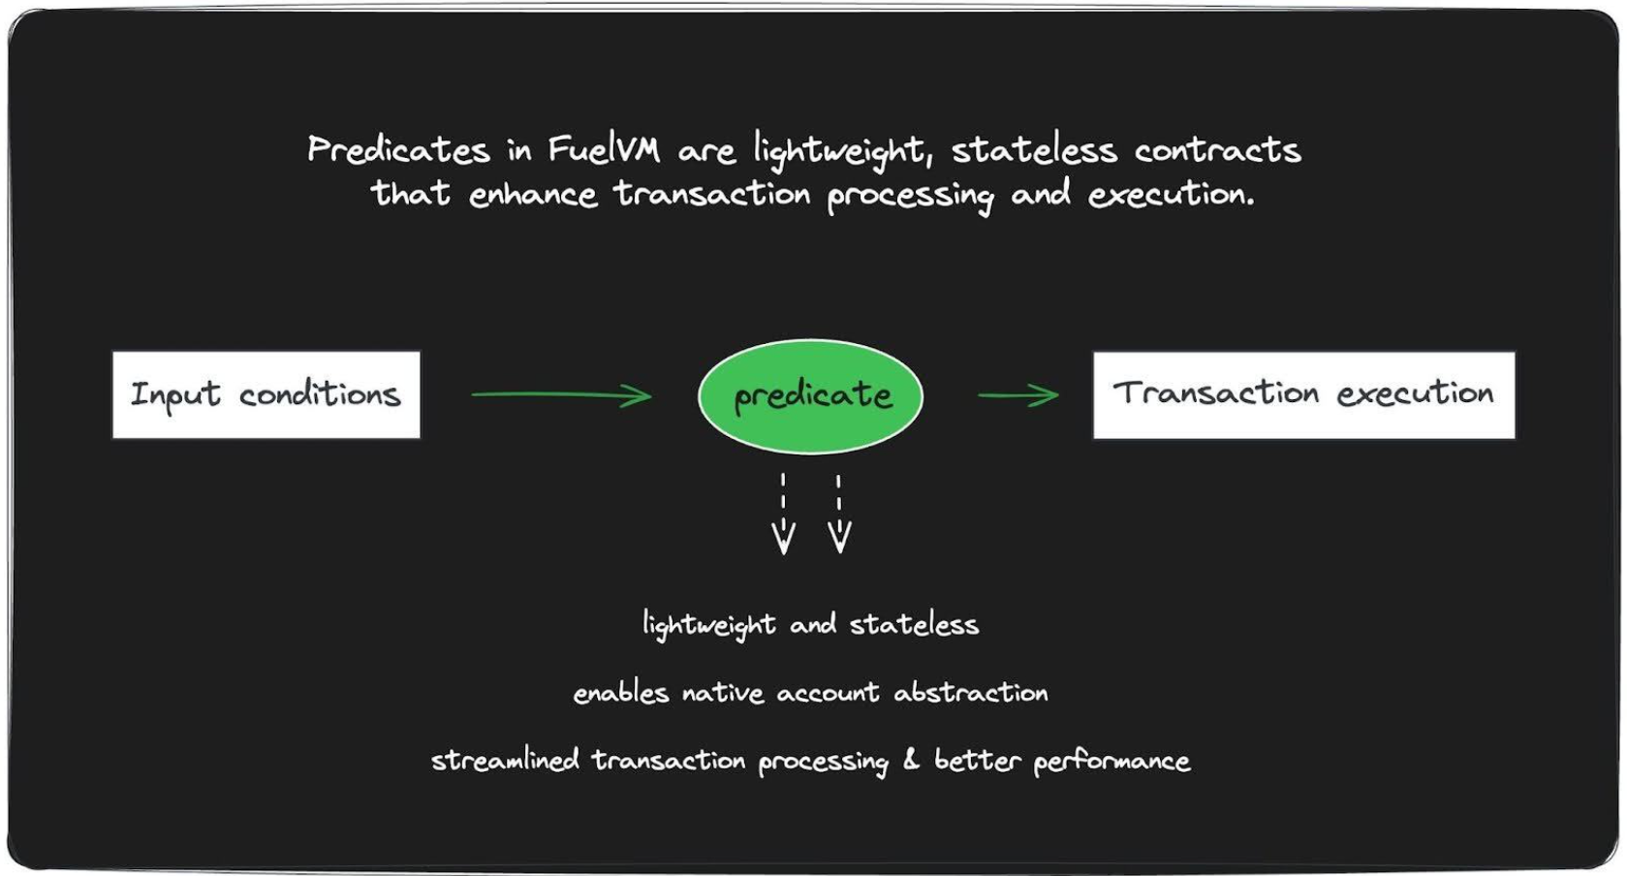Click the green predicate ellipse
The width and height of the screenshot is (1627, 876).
pyautogui.click(x=811, y=396)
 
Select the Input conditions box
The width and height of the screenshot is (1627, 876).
pyautogui.click(x=266, y=395)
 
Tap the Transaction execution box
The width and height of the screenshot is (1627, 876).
pyautogui.click(x=1303, y=395)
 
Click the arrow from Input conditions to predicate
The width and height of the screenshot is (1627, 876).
pyautogui.click(x=561, y=395)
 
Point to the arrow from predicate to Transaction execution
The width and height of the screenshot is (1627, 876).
pyautogui.click(x=1018, y=395)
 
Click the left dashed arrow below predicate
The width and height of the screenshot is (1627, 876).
pyautogui.click(x=783, y=515)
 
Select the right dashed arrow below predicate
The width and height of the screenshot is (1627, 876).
pyautogui.click(x=839, y=515)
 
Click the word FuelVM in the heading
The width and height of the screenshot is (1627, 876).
pyautogui.click(x=604, y=149)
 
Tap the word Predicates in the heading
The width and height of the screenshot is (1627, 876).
pyautogui.click(x=399, y=149)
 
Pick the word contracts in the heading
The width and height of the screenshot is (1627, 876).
pyautogui.click(x=1217, y=150)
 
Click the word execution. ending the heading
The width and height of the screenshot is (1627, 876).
pyautogui.click(x=1171, y=195)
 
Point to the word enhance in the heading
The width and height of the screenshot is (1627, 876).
pyautogui.click(x=533, y=195)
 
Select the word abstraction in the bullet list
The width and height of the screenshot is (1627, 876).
pyautogui.click(x=971, y=692)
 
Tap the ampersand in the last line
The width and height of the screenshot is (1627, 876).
pyautogui.click(x=911, y=759)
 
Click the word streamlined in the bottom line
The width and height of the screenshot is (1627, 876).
pyautogui.click(x=505, y=761)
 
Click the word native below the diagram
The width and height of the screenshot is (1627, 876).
pyautogui.click(x=723, y=693)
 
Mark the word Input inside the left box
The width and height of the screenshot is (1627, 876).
pyautogui.click(x=175, y=395)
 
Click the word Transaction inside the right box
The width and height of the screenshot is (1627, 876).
pyautogui.click(x=1216, y=393)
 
